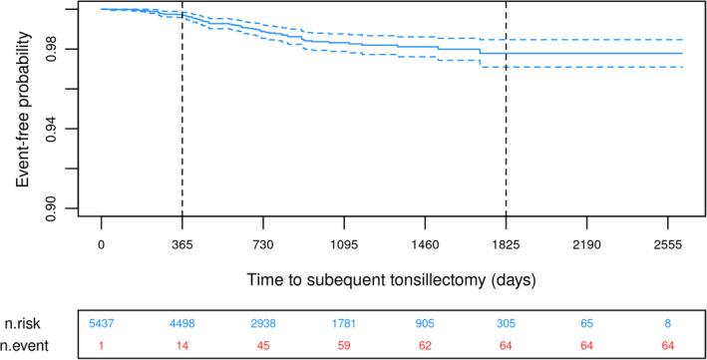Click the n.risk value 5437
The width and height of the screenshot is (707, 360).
[102, 323]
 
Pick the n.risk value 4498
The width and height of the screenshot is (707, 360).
[182, 323]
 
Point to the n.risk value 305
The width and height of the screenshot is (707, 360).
[506, 323]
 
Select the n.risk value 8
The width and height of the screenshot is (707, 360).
[667, 323]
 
